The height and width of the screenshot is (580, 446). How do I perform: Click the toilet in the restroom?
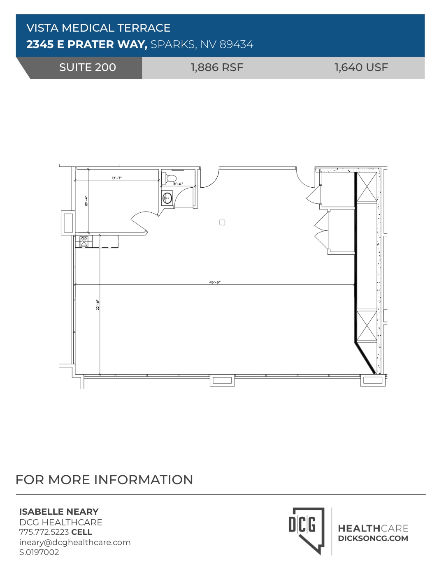click(171, 178)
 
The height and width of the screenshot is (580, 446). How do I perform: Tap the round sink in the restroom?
click(167, 198)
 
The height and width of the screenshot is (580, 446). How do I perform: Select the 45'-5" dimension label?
click(215, 282)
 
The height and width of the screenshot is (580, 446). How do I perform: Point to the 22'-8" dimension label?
click(98, 305)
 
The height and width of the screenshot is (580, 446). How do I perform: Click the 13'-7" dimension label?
click(117, 178)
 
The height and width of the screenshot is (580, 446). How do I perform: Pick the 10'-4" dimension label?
click(86, 201)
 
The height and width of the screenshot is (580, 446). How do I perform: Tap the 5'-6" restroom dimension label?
click(178, 184)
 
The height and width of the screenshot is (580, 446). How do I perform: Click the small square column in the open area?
click(222, 222)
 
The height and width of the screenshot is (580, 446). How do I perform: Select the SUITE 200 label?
click(87, 68)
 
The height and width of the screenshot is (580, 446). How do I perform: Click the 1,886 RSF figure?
click(217, 68)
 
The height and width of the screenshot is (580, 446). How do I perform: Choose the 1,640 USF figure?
click(361, 68)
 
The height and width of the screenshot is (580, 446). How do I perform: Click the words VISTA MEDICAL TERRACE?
click(98, 28)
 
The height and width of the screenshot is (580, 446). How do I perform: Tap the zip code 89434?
click(236, 44)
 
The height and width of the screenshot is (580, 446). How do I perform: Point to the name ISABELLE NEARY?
click(59, 512)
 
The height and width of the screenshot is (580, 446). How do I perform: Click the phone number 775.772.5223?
click(44, 532)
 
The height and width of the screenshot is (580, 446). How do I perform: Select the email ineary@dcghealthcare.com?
click(75, 542)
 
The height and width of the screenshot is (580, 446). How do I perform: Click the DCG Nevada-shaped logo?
click(306, 530)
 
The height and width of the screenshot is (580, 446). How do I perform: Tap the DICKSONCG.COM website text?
click(373, 539)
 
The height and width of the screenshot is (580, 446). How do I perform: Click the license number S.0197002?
click(39, 552)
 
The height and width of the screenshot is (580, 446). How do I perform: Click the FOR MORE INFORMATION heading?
click(104, 480)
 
